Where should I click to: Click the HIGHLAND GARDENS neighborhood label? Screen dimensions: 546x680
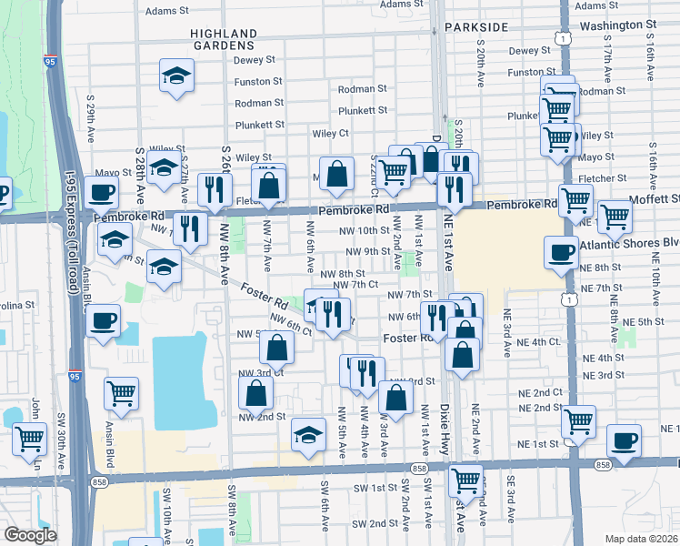point(222,38)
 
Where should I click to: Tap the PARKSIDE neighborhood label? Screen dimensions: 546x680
point(473,27)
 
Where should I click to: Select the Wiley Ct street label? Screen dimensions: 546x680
point(331,133)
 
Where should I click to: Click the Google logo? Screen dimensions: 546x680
point(29,535)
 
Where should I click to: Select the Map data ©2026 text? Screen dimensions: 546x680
point(641,539)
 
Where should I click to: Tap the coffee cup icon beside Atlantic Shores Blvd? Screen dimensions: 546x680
point(561,252)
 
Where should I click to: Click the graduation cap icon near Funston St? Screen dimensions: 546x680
point(178,76)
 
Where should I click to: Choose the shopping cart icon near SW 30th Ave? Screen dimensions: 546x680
point(30,438)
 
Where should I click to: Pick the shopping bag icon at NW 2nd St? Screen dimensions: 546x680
point(256,392)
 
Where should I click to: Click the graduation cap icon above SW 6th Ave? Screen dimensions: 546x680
point(309,433)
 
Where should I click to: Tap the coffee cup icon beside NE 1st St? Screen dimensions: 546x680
point(624,440)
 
